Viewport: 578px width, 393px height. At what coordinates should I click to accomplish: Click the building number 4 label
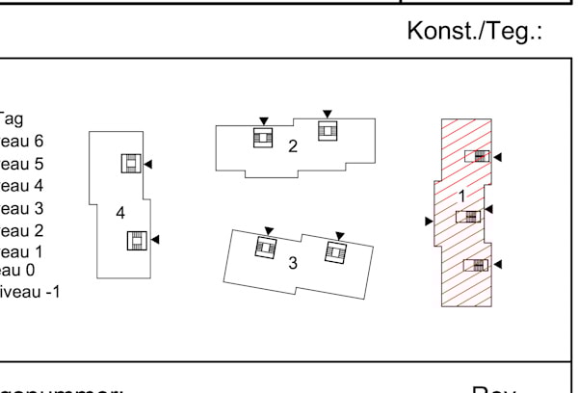tap(120, 212)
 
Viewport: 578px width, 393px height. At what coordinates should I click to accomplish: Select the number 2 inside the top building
tap(293, 146)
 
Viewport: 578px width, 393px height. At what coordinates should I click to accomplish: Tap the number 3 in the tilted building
tap(293, 263)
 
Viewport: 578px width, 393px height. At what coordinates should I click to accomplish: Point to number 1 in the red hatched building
tap(461, 196)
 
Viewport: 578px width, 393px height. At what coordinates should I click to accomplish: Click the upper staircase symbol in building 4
tap(131, 164)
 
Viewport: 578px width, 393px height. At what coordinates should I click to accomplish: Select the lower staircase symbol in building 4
tap(137, 240)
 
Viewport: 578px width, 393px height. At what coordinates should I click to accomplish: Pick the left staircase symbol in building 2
tap(263, 138)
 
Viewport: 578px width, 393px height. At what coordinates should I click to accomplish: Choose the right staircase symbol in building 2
tap(328, 131)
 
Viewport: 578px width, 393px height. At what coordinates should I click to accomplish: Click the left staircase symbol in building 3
tap(265, 248)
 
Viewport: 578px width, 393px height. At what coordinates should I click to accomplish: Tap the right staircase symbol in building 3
tap(335, 252)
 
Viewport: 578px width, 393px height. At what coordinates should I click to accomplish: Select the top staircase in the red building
tap(476, 156)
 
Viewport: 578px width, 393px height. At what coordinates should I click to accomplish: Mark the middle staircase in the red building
tap(468, 216)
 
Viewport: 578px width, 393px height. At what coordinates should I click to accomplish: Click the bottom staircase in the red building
tap(476, 265)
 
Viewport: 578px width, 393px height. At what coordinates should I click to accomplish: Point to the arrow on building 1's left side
tap(429, 222)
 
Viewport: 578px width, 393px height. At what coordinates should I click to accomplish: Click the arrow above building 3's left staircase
tap(269, 230)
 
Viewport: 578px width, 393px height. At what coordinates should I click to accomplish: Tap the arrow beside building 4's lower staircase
tap(155, 239)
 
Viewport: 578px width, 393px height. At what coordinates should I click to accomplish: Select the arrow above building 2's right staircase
tap(328, 114)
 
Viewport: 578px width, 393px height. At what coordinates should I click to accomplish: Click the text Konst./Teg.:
tap(476, 32)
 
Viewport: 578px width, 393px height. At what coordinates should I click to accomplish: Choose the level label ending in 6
tap(21, 142)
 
